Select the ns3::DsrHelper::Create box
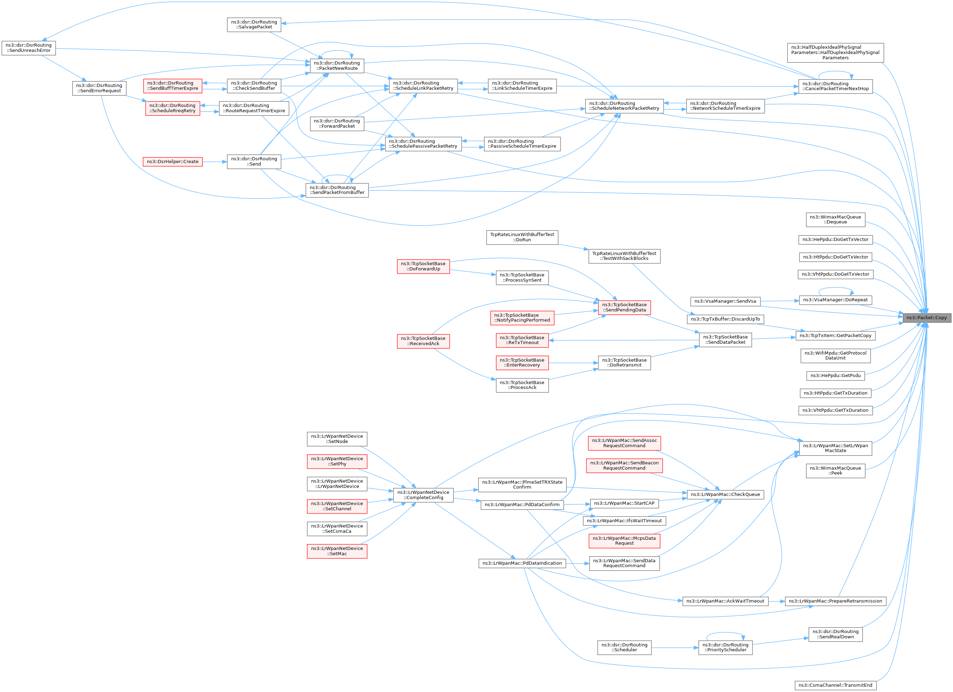[172, 162]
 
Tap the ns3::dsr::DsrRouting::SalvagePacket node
[254, 24]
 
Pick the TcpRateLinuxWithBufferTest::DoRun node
[522, 237]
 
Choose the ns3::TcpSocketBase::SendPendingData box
[624, 307]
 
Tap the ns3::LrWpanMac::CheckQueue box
[725, 495]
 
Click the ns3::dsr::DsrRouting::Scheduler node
[624, 647]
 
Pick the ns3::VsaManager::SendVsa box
[725, 301]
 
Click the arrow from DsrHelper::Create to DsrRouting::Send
[215, 162]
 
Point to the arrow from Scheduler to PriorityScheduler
[675, 648]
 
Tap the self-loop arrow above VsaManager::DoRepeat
[835, 288]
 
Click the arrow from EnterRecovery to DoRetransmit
[573, 363]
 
